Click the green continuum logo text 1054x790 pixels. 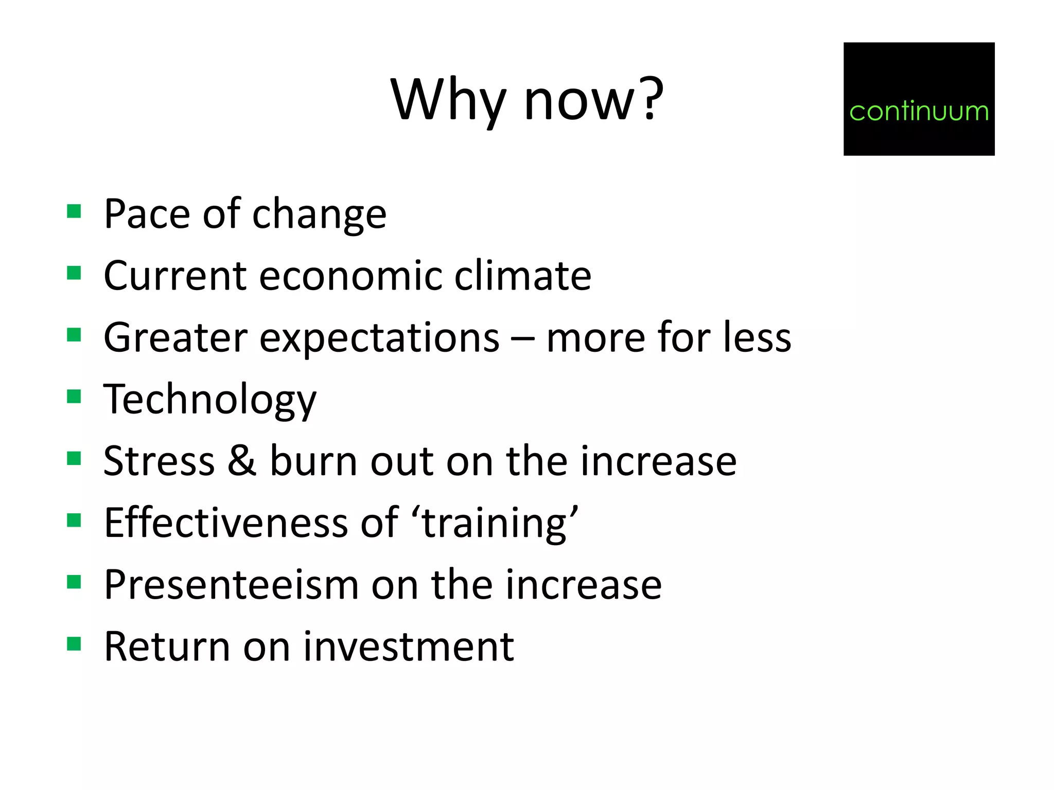pos(919,111)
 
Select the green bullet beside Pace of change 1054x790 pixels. pos(74,211)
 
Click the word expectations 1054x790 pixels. pos(379,338)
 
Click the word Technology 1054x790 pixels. pos(210,400)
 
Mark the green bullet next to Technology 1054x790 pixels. pos(74,397)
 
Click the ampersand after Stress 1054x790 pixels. pos(242,460)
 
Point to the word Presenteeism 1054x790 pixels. pos(231,585)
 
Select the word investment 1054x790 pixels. pos(409,647)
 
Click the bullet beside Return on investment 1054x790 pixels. pos(74,644)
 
